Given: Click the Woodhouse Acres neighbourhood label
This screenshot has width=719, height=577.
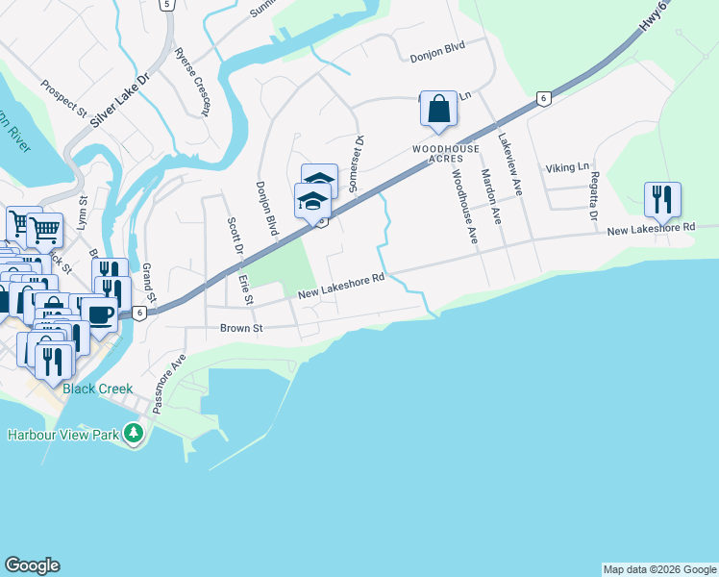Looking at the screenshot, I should [x=437, y=154].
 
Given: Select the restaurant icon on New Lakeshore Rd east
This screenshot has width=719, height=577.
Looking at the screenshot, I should [x=662, y=199].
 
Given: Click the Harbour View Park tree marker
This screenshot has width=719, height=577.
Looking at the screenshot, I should [x=134, y=435].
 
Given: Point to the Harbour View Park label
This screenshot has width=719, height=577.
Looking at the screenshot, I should [x=63, y=435].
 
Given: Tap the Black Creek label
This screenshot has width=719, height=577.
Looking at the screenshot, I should [x=98, y=389].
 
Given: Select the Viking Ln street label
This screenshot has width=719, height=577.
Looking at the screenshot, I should [x=566, y=167].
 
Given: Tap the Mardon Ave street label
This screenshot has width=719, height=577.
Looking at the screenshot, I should [x=491, y=197].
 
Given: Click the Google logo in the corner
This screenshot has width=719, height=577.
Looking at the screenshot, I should [x=32, y=565].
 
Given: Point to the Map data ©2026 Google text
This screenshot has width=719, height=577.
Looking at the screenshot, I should [x=658, y=569].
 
